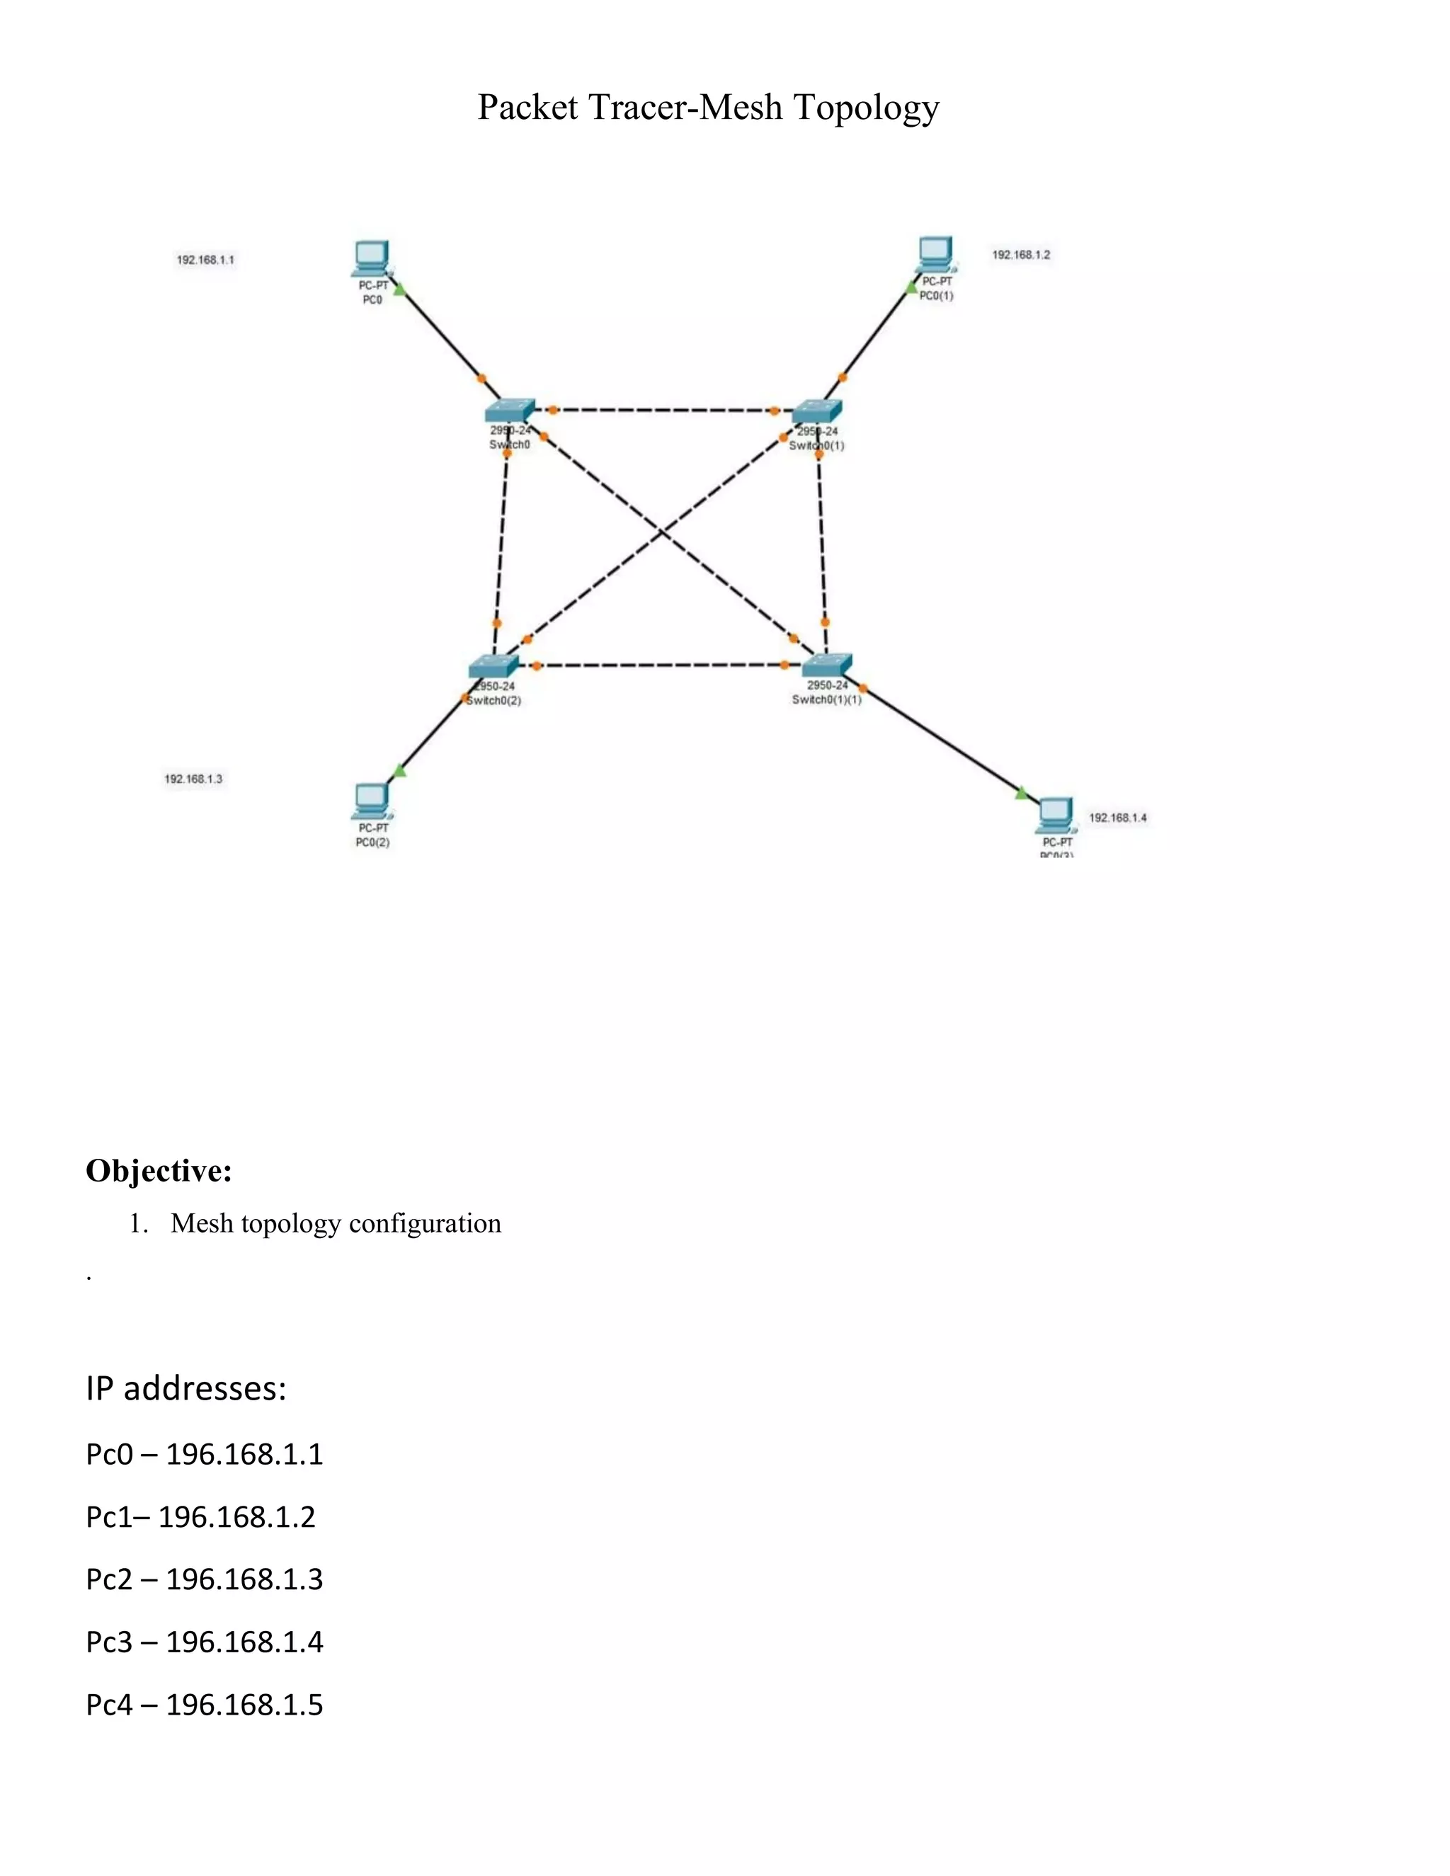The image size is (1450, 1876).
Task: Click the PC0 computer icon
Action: [x=372, y=257]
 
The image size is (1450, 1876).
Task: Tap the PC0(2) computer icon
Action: [x=372, y=801]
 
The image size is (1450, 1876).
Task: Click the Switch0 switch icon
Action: [x=510, y=411]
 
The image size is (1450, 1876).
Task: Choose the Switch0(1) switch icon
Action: [x=817, y=411]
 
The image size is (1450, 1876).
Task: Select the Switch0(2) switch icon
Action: [x=494, y=667]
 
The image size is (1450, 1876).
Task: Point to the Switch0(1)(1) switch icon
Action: [x=827, y=665]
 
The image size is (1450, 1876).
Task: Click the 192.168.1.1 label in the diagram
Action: [x=205, y=259]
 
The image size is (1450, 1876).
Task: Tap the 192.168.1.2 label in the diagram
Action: [x=1020, y=254]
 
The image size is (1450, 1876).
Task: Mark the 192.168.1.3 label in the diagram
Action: [x=193, y=779]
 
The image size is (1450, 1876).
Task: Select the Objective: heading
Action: [x=159, y=1170]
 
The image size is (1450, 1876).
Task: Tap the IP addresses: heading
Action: [x=185, y=1388]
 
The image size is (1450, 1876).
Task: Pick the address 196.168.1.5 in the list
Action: [x=244, y=1704]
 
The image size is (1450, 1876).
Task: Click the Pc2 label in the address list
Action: [x=109, y=1579]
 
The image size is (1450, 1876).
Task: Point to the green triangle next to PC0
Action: [x=399, y=290]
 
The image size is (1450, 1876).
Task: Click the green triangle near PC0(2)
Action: [x=398, y=770]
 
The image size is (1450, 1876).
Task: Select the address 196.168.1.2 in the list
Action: [x=236, y=1517]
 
